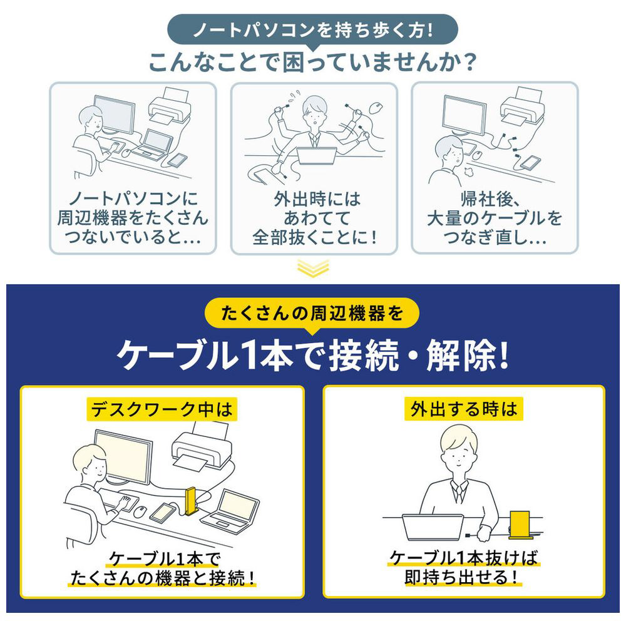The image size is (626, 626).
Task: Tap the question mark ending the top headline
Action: pos(470,63)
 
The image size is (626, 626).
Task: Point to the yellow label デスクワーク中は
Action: pos(162,409)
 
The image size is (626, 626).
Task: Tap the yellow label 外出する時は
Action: pos(463,409)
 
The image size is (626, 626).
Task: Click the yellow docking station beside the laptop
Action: pos(191,501)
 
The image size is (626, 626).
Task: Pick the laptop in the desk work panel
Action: pos(230,512)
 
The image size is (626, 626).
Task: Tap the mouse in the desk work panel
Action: pos(140,511)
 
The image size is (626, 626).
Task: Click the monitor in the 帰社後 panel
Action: pos(464,115)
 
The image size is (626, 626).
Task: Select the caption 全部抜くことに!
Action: pos(314,237)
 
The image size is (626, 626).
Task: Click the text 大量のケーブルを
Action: pos(495,218)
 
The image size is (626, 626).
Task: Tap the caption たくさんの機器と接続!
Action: pos(163,578)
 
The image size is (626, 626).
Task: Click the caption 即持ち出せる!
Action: pos(463,577)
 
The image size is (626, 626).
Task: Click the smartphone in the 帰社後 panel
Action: pos(530,163)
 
